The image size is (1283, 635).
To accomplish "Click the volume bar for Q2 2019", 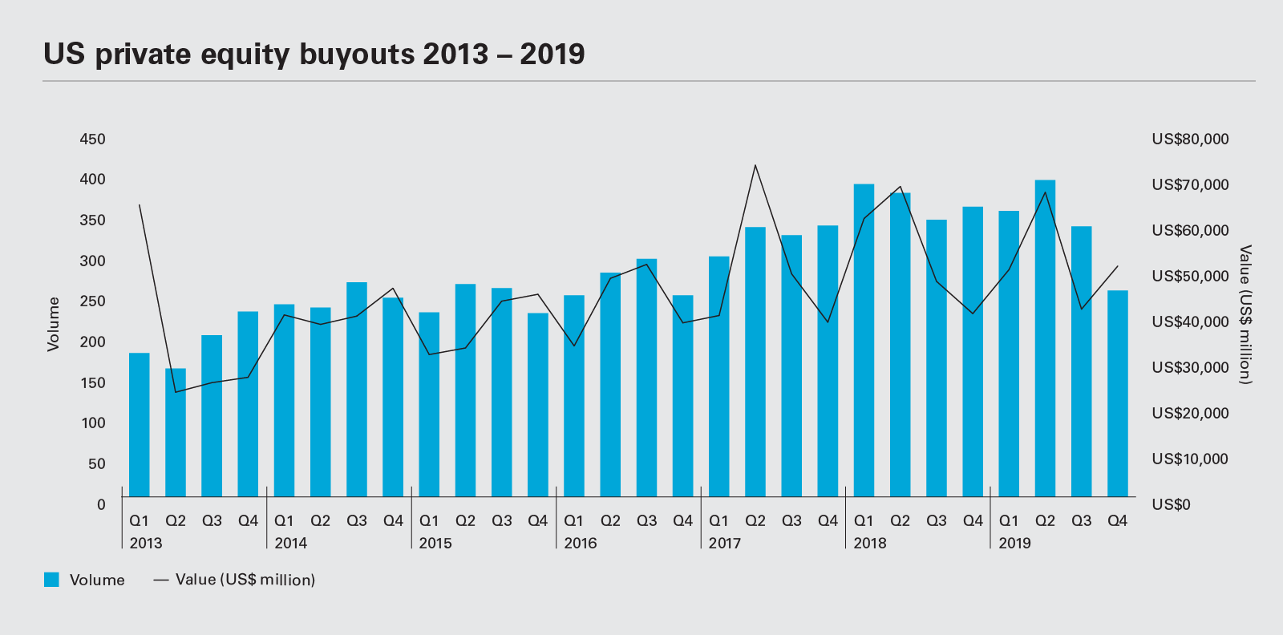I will [x=1045, y=337].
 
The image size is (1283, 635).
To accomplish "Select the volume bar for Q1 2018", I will [x=864, y=341].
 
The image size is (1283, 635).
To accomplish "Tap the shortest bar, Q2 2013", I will [x=176, y=433].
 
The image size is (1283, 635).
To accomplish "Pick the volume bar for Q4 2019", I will [x=1117, y=393].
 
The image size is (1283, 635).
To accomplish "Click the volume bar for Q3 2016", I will [x=646, y=377].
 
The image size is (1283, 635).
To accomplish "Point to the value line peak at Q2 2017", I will [x=755, y=165].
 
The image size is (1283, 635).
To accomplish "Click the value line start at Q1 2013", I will [x=140, y=205].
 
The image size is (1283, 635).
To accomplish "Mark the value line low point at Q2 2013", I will [x=176, y=392].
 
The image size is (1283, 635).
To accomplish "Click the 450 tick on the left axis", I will [x=93, y=140].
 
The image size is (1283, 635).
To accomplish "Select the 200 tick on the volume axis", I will [x=93, y=342].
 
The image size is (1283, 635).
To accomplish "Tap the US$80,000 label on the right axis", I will [x=1190, y=140].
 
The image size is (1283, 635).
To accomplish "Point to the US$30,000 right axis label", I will [x=1190, y=368].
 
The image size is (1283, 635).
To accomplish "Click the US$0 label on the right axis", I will [x=1171, y=505].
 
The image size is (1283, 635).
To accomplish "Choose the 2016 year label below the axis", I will [x=581, y=544].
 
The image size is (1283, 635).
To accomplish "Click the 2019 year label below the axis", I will [x=1014, y=544].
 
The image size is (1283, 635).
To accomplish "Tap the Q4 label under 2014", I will [x=393, y=521].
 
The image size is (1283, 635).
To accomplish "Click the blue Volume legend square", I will [x=51, y=580].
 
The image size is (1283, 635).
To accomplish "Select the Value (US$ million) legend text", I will [x=245, y=580].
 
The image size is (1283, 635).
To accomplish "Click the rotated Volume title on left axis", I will [x=54, y=324].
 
